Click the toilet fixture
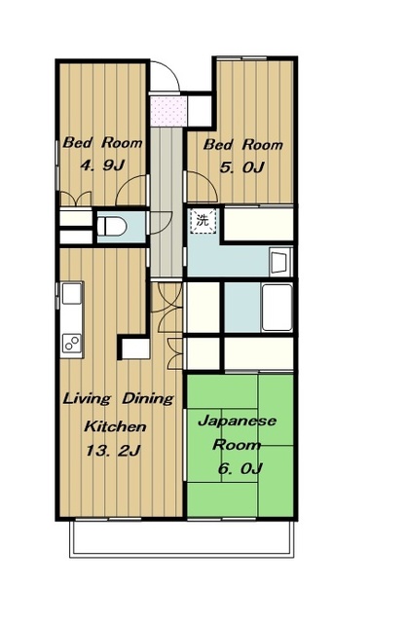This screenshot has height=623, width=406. coord(112,227)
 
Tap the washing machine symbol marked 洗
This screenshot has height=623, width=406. coord(203,220)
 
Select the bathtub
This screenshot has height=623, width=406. coord(277,308)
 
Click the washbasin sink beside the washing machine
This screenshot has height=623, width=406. coord(280,262)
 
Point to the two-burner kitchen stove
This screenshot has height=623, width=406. coord(72,343)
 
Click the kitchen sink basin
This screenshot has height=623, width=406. coord(72,293)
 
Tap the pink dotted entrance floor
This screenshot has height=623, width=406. coord(168,111)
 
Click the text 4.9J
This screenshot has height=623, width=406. coord(103,165)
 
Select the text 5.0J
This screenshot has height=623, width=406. coord(242,167)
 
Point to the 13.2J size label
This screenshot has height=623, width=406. coord(113,451)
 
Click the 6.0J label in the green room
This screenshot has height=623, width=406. coord(240,468)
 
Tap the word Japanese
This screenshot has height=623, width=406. coord(237,421)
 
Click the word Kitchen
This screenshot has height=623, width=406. coord(115,426)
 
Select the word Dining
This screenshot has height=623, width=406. coord(148,399)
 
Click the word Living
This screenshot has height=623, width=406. coord(87,398)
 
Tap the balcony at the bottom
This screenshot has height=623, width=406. coord(182,537)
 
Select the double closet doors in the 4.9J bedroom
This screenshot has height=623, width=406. coord(76,199)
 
